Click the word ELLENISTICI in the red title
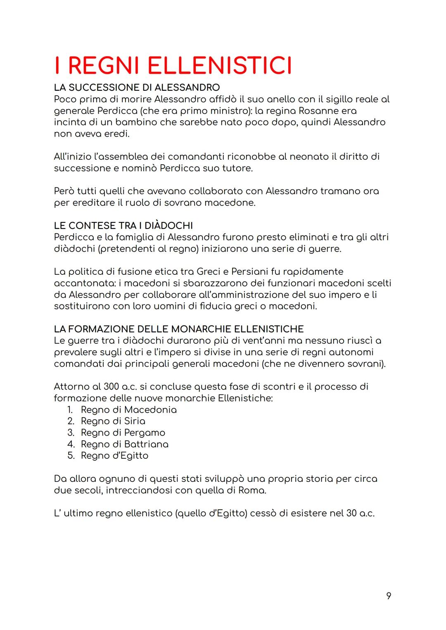(x=219, y=66)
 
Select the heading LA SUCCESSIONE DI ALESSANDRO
(x=137, y=87)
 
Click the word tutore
(x=237, y=168)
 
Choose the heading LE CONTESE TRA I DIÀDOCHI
(x=123, y=226)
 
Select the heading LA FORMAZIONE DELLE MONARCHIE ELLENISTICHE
(x=178, y=329)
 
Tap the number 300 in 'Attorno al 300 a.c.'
(x=111, y=387)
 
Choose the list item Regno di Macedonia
(x=128, y=410)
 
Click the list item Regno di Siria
(x=113, y=421)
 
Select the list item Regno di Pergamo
(x=123, y=433)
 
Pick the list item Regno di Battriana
(x=124, y=444)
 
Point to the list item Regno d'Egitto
(x=114, y=456)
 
